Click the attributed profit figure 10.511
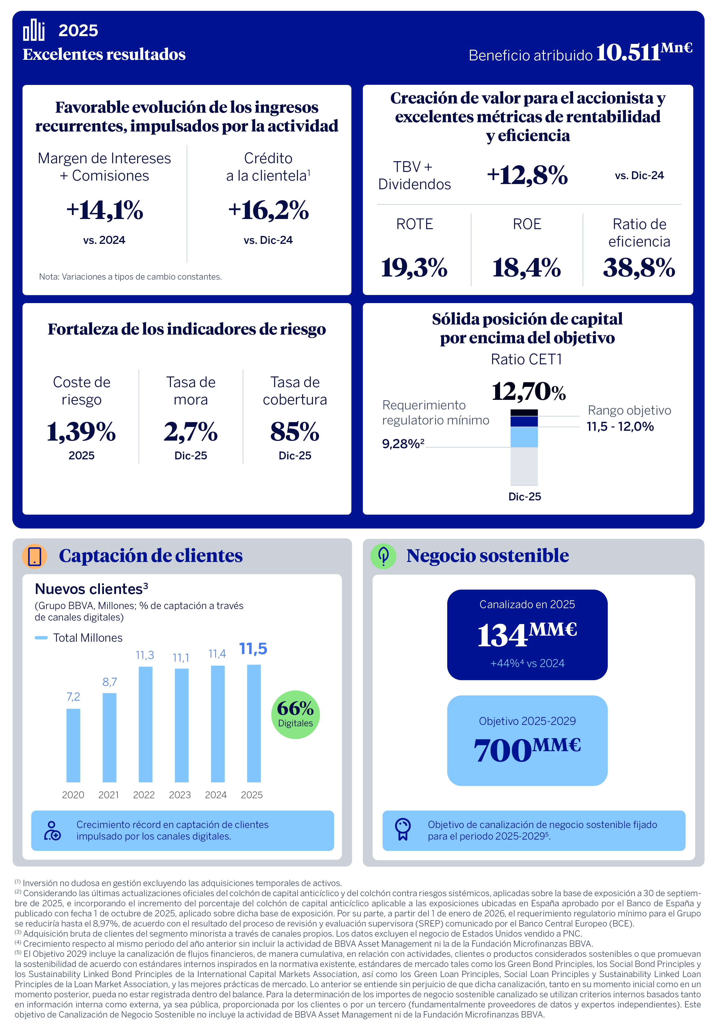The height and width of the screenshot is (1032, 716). tap(628, 53)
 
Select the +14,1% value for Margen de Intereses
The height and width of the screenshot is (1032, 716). tap(105, 210)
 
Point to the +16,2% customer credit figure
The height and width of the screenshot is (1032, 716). tap(268, 210)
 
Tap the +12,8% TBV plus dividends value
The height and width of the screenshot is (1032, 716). tap(527, 175)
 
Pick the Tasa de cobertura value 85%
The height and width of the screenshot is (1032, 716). tap(295, 432)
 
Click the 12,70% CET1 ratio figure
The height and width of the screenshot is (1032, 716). tap(528, 391)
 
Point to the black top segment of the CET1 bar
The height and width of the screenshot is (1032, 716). tap(524, 413)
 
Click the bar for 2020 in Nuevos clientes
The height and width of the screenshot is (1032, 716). tap(73, 745)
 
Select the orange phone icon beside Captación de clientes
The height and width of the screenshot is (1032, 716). tap(35, 556)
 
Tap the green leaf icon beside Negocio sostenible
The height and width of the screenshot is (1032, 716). tap(383, 556)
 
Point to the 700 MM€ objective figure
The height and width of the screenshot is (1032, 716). tap(527, 750)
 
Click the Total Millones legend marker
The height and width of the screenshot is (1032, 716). tap(41, 637)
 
